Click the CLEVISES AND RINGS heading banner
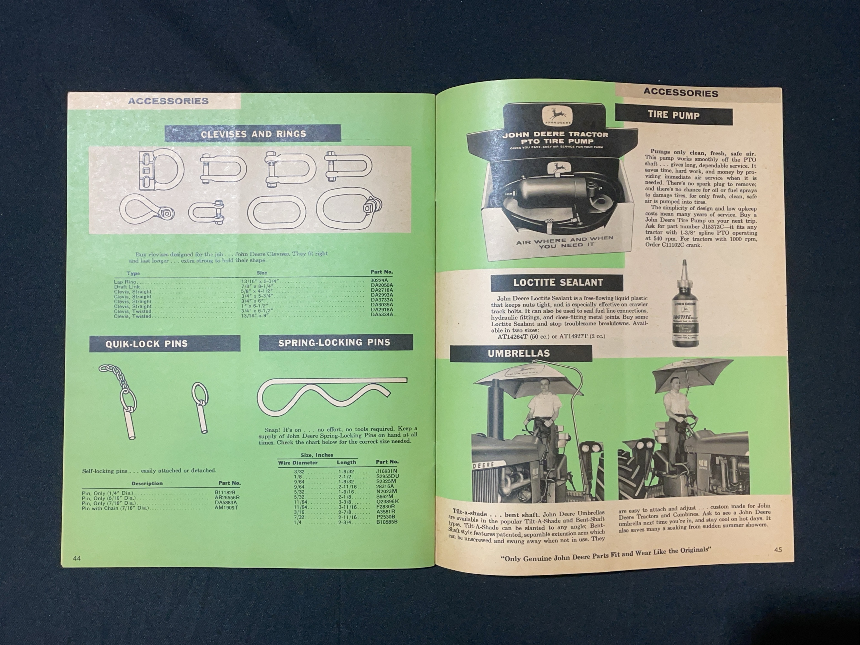[253, 134]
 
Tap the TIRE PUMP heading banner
[673, 115]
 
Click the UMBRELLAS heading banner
[519, 353]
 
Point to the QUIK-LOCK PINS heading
[147, 344]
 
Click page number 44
[77, 558]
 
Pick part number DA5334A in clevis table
[381, 314]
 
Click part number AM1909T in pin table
[227, 508]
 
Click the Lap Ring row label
[125, 282]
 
